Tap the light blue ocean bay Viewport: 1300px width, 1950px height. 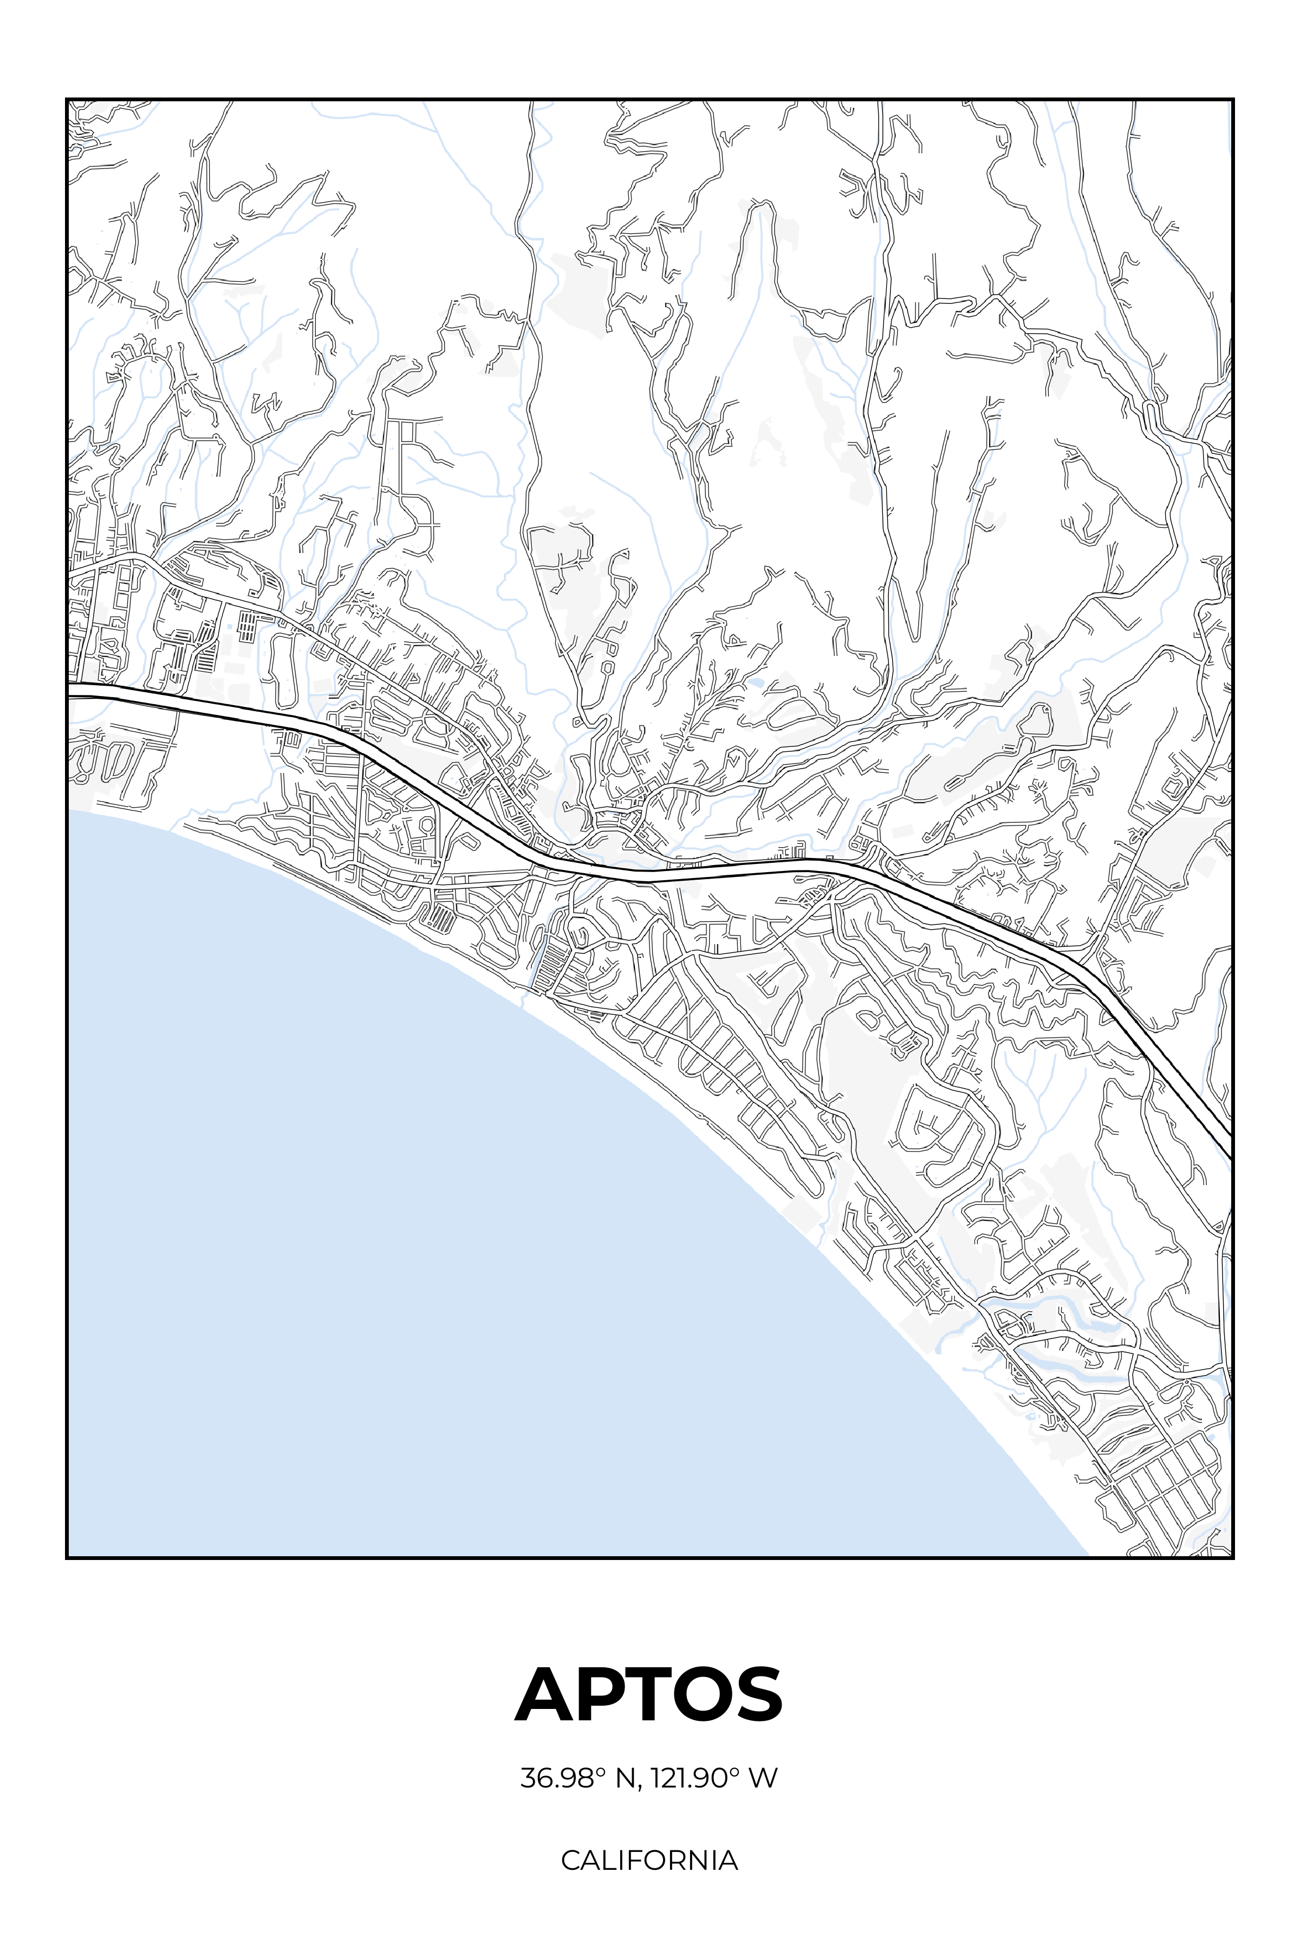click(414, 1244)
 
